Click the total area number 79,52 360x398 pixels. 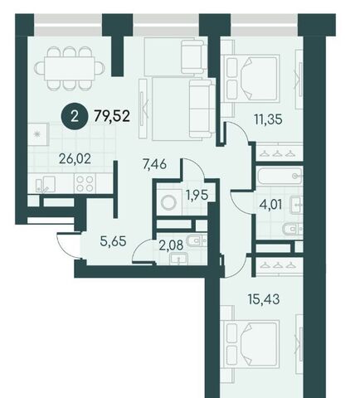click(112, 116)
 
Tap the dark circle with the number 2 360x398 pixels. click(74, 117)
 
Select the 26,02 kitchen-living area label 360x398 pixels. click(75, 159)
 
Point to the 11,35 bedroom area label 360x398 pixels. click(268, 119)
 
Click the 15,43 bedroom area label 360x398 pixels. click(264, 299)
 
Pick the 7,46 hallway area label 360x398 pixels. click(155, 164)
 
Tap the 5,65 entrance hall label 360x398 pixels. click(114, 241)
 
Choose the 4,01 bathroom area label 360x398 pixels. click(270, 205)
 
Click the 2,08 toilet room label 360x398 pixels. click(171, 245)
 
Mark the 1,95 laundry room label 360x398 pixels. click(197, 196)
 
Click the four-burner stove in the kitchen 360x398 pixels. click(85, 183)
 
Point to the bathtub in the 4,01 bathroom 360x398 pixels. click(280, 175)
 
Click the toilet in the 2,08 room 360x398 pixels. click(197, 241)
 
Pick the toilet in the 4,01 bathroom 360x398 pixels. click(293, 229)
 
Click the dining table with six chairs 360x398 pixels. click(70, 69)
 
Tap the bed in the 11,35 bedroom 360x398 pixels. click(251, 79)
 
